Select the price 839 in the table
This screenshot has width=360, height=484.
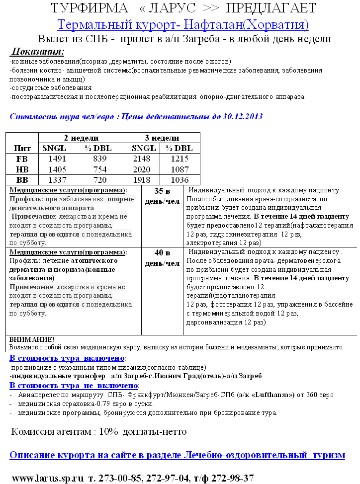pos(99,159)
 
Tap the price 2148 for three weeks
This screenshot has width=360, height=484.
pos(144,159)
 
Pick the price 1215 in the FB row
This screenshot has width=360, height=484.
pos(179,159)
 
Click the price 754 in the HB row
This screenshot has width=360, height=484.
pos(99,169)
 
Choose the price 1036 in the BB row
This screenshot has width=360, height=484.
pos(179,180)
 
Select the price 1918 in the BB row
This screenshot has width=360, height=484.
pos(144,180)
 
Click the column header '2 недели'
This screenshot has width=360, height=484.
pos(81,138)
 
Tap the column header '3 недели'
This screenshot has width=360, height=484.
pos(162,138)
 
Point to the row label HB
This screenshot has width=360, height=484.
pos(22,169)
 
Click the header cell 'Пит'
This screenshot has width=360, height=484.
pos(22,148)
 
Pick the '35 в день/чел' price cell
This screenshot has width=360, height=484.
pos(162,196)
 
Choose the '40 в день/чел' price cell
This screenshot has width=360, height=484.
pos(162,258)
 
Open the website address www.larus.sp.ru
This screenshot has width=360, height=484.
pos(47,478)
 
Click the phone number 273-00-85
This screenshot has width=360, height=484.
pos(118,478)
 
